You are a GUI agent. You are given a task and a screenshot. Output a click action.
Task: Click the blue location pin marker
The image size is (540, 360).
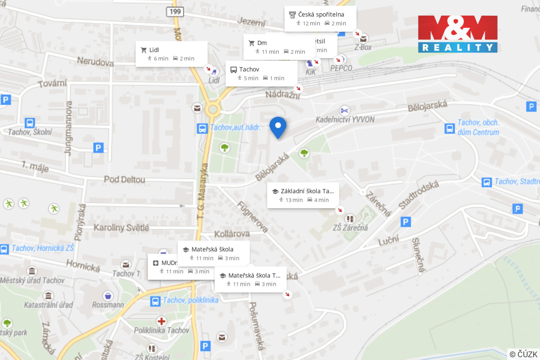coord(278,126)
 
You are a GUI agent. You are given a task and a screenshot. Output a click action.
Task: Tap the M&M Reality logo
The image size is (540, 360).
coord(457,34)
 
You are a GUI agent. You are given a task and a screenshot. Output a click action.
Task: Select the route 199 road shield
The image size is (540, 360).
coord(175,12)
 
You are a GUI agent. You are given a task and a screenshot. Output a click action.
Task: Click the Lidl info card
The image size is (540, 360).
coord(171,54)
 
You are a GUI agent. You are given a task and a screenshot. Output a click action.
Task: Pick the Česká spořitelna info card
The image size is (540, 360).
coord(320,18)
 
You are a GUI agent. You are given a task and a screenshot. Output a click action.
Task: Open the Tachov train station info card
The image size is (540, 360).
coord(261,73)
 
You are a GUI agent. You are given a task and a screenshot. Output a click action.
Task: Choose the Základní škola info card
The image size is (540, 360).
coord(303,195)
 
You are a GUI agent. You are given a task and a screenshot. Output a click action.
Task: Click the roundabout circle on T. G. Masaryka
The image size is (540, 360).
coord(213,109)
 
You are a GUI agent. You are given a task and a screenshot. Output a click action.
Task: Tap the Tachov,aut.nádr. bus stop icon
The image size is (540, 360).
coord(202,129)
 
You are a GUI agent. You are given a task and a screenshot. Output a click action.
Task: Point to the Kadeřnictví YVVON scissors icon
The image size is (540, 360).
coord(344,111)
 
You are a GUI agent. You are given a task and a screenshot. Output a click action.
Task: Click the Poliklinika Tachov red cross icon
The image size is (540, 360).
coord(162,321)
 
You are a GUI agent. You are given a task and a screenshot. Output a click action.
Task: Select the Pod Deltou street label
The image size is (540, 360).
coord(124,180)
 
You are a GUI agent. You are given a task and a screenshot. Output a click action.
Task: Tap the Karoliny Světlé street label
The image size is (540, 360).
coord(121,228)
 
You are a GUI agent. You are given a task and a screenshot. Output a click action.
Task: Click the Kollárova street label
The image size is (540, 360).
coord(232,234)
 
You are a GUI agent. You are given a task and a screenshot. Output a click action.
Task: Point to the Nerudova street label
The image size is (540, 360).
coord(95,61)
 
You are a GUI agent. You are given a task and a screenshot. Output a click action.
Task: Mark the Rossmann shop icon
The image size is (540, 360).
coord(108,296)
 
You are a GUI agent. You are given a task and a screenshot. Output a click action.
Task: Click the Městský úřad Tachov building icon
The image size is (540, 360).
coord(32,271)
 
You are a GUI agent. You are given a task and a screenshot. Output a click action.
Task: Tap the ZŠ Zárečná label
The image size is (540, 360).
coord(350,228)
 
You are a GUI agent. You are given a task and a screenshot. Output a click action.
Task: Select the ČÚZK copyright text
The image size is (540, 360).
coord(523,354)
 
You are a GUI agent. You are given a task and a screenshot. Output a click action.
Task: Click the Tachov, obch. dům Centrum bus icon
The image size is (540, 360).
coord(450,129)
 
